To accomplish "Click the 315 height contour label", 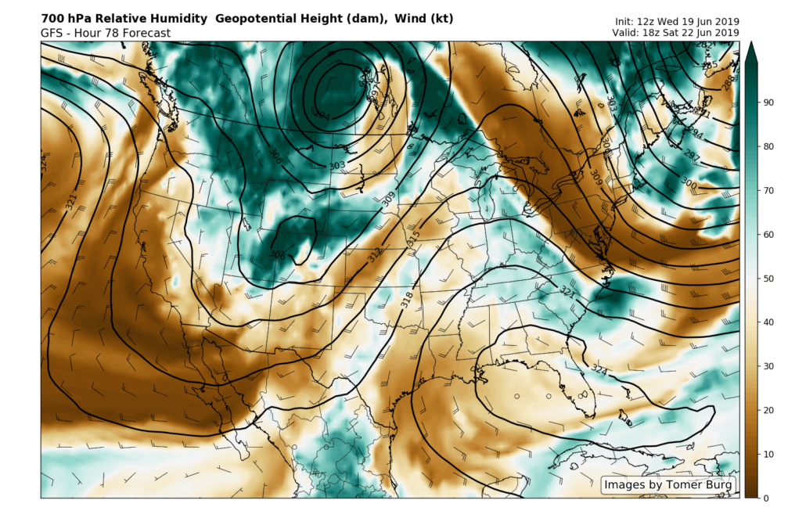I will [x=414, y=235].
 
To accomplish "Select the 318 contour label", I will [x=406, y=298].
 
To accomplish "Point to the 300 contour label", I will [x=689, y=182].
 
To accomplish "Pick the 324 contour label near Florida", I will [x=599, y=369].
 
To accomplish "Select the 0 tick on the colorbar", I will [x=767, y=498].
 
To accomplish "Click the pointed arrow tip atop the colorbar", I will [x=751, y=47].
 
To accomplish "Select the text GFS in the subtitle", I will [x=52, y=33].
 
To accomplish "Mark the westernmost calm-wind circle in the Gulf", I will [x=517, y=396].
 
